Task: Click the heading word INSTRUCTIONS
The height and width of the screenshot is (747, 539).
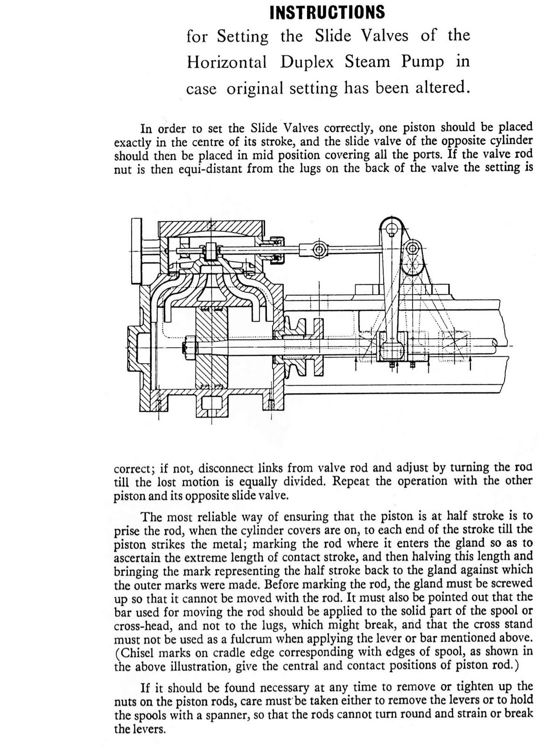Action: click(328, 12)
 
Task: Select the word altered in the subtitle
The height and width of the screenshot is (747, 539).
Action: click(440, 87)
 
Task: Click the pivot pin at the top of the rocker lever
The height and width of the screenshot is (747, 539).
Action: click(391, 229)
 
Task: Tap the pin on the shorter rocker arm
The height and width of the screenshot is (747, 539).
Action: click(411, 247)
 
